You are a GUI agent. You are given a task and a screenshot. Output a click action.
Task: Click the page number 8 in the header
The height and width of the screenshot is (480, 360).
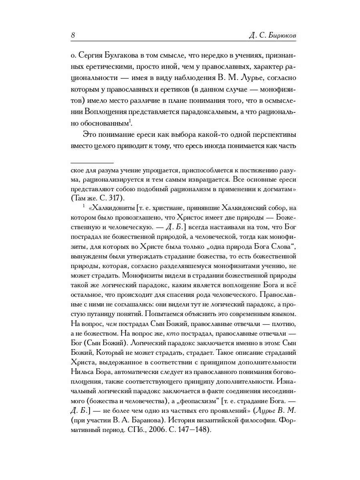click(x=73, y=35)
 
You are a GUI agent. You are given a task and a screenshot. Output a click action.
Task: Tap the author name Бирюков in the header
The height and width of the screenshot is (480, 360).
click(x=282, y=36)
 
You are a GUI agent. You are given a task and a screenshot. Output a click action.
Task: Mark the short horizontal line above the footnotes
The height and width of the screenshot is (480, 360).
click(x=92, y=163)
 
